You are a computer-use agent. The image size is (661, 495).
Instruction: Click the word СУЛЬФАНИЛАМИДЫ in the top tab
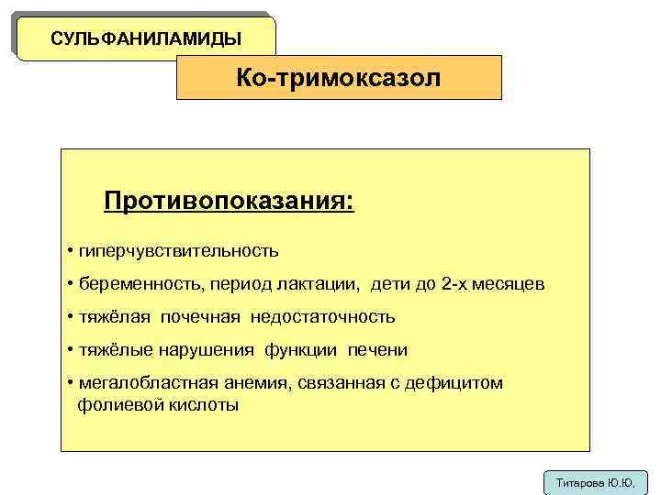tap(146, 38)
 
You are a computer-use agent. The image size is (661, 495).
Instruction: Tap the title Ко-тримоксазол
tap(338, 78)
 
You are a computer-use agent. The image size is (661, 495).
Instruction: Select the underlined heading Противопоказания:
tap(228, 200)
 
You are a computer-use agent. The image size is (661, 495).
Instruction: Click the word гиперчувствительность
tap(178, 250)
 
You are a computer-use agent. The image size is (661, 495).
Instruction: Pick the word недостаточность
tap(321, 317)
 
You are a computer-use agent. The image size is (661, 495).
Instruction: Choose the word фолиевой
tap(116, 404)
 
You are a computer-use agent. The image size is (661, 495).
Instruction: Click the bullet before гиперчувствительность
tap(71, 250)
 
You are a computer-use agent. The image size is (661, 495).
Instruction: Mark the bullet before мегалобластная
tap(71, 383)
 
